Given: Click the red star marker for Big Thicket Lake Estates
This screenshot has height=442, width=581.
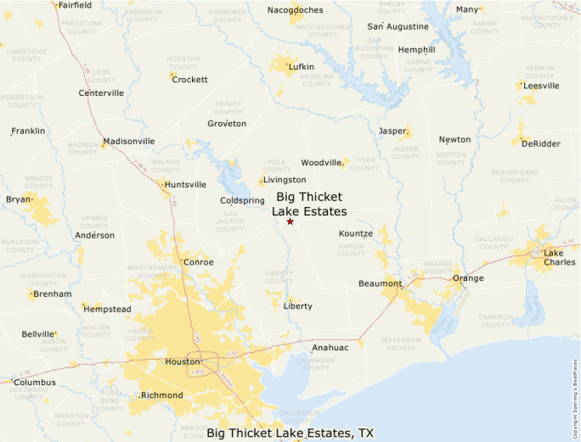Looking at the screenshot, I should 290,221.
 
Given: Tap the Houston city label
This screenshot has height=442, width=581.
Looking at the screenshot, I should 182,362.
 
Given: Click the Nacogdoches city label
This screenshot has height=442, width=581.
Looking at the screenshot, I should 296,10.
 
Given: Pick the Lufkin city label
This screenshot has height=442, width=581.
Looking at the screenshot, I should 301,66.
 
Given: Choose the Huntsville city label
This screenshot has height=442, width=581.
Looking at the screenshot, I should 185,184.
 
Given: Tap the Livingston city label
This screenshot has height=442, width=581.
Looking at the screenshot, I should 285,180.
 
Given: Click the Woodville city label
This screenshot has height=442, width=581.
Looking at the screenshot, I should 321,162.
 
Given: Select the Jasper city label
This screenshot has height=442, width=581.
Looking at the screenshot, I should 392,131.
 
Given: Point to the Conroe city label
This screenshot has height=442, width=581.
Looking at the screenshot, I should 199,262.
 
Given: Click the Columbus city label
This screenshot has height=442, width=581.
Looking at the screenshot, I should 35,383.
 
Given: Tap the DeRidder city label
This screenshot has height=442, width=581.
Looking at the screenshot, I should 540,143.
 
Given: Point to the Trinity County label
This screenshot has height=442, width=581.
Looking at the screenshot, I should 228,108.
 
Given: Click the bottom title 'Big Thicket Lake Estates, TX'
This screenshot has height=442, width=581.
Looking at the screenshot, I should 290,434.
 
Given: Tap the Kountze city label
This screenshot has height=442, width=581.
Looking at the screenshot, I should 356,233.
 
